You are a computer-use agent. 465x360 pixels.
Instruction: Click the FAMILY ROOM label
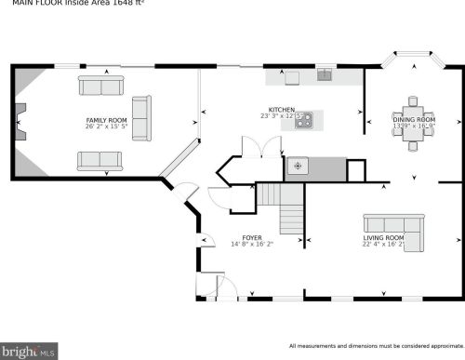coord(106,121)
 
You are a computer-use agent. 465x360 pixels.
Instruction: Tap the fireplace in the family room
coord(20,120)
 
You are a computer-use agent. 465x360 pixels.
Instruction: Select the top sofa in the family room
coord(101,86)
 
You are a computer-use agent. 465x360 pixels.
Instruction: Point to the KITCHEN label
coord(282,110)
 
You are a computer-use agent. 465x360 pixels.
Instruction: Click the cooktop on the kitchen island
coord(304,119)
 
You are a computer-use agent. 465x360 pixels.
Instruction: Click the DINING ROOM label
coord(414,120)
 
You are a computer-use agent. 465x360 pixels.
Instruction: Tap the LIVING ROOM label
coord(383,238)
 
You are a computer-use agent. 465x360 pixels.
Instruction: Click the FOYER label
coord(252,238)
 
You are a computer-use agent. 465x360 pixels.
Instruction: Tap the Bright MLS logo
coord(30,352)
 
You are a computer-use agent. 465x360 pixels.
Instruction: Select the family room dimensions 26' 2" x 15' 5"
coord(106,127)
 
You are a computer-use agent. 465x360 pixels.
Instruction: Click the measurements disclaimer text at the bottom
coord(374,345)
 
